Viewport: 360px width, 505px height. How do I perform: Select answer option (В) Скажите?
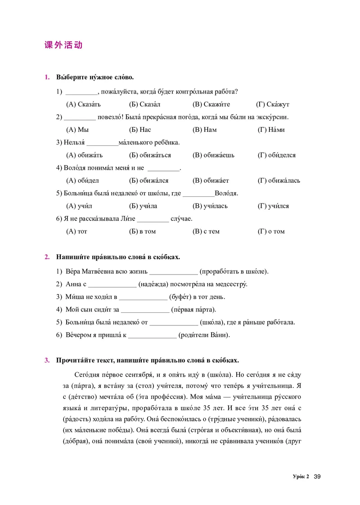pos(211,104)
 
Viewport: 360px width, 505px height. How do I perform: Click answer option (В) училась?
pos(210,206)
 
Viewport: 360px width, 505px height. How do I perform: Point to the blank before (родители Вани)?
pos(152,335)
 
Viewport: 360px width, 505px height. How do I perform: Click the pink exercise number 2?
pos(47,257)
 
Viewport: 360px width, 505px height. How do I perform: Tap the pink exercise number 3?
pos(47,361)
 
